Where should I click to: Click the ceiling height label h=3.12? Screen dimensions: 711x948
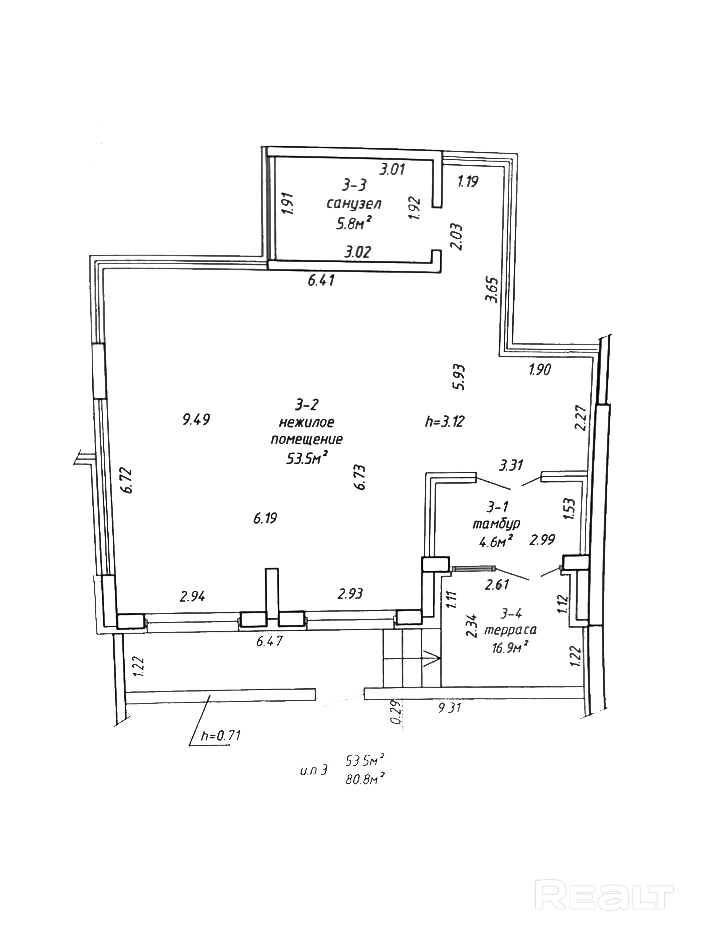[444, 422]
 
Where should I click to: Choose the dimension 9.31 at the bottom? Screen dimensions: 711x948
[449, 708]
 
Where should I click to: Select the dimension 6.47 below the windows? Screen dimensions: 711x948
[269, 642]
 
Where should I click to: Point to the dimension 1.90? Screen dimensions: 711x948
[540, 369]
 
